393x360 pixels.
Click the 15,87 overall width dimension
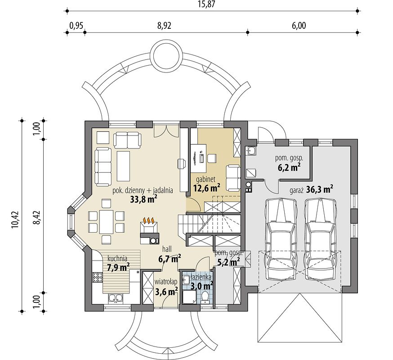pos(211,5)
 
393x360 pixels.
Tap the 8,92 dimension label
pos(165,26)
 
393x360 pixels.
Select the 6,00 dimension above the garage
pos(299,26)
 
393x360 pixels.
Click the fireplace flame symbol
pos(149,220)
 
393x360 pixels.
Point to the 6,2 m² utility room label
pos(289,164)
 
